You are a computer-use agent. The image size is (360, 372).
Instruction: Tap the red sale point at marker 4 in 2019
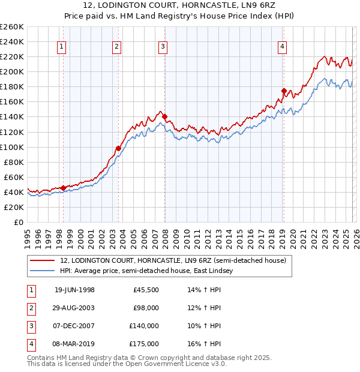284,91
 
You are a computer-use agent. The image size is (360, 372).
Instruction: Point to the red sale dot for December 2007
164,117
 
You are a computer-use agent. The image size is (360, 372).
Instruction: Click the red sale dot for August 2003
119,148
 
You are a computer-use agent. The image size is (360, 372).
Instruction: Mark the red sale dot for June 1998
63,188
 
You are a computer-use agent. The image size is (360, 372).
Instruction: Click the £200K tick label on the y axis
12,71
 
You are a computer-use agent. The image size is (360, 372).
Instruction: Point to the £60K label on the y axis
14,177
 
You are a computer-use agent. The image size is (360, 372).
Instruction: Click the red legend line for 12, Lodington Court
43,260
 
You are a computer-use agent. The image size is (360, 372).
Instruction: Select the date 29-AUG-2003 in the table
74,308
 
